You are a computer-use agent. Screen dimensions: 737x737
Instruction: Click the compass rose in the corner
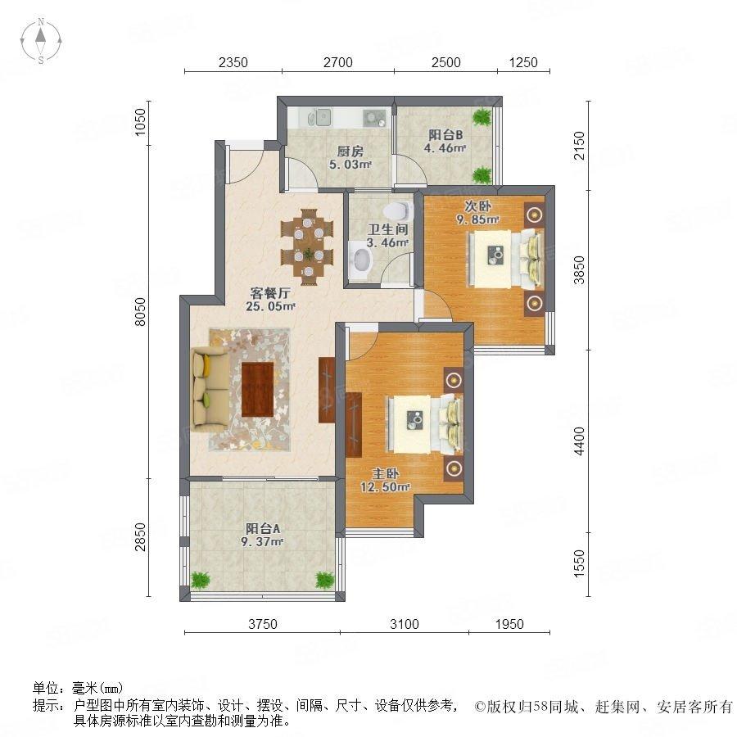pyautogui.click(x=41, y=41)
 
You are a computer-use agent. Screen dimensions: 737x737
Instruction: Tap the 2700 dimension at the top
pyautogui.click(x=337, y=62)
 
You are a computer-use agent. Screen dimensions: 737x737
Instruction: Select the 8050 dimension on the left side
pyautogui.click(x=140, y=312)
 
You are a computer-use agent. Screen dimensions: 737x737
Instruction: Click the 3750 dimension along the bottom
pyautogui.click(x=262, y=624)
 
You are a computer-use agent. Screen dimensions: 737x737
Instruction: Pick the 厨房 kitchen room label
pyautogui.click(x=350, y=151)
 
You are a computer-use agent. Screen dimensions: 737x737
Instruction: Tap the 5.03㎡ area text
pyautogui.click(x=350, y=165)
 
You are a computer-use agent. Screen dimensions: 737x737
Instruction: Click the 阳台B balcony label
pyautogui.click(x=445, y=135)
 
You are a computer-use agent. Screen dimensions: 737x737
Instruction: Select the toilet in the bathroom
pyautogui.click(x=398, y=210)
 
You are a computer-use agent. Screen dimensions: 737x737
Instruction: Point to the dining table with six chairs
pyautogui.click(x=307, y=246)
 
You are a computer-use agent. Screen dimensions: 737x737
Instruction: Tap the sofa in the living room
pyautogui.click(x=210, y=390)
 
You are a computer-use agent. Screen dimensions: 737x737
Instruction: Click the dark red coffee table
pyautogui.click(x=258, y=390)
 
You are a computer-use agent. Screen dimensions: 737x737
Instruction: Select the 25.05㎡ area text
pyautogui.click(x=270, y=306)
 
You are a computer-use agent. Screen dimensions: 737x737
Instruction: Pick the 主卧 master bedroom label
pyautogui.click(x=386, y=474)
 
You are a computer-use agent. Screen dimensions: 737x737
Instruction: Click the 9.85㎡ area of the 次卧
pyautogui.click(x=477, y=219)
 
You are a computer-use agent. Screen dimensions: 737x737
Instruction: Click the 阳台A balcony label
pyautogui.click(x=263, y=529)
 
